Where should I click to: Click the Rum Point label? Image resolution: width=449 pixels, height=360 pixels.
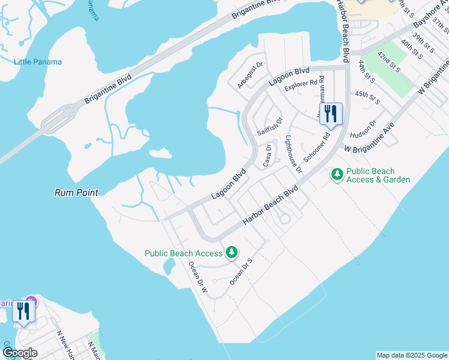76,193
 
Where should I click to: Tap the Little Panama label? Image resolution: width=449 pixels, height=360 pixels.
38,62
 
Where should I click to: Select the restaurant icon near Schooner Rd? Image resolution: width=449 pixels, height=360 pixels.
331,114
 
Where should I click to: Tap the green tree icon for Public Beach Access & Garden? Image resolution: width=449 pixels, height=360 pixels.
337,175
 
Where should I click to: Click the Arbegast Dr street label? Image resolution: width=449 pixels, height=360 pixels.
250,75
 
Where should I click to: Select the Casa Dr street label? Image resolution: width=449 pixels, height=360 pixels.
268,155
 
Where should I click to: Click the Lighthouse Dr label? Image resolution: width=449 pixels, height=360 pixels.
294,154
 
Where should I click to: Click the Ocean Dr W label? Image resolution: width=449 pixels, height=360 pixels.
197,275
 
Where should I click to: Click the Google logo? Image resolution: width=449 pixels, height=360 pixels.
20,353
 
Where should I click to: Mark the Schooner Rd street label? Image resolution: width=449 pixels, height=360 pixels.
317,145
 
